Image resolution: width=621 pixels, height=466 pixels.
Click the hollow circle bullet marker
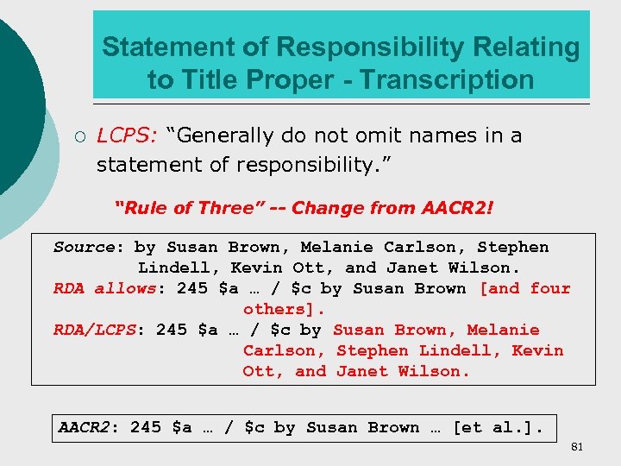78,136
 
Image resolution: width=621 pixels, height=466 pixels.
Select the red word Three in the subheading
225,207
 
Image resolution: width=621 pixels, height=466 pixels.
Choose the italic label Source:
85,247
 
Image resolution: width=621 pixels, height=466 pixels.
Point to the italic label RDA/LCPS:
101,330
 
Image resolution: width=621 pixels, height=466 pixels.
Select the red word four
550,288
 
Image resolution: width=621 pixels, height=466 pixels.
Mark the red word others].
283,309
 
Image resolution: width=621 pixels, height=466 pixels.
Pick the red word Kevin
537,350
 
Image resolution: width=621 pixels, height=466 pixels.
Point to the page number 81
577,446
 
